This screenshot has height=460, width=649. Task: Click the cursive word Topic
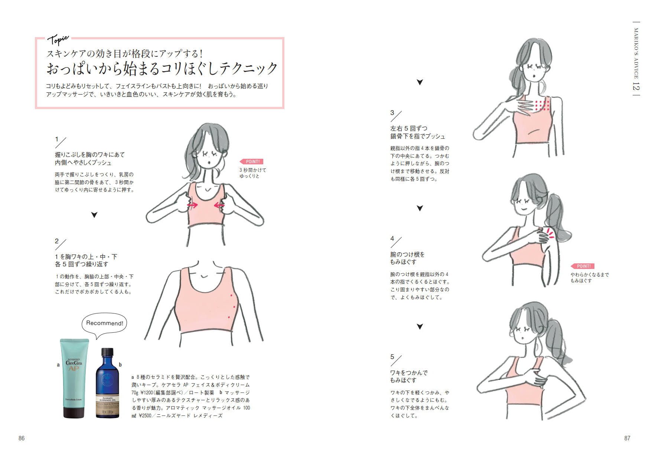point(58,40)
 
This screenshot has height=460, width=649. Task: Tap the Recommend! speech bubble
point(104,324)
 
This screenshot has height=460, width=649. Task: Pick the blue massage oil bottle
point(107,383)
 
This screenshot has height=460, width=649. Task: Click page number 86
point(22,438)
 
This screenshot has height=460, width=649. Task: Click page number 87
point(627,438)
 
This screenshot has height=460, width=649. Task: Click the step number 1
point(57,139)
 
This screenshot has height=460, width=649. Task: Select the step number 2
point(57,241)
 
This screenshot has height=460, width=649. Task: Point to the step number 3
point(392,112)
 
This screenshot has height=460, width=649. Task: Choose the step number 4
point(392,238)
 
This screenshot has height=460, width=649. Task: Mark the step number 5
point(392,356)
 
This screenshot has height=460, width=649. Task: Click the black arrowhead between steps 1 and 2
point(94,215)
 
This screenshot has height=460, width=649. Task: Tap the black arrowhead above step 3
point(420,82)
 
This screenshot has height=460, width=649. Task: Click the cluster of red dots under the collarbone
point(542,105)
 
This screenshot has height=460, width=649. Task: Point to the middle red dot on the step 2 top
point(234,306)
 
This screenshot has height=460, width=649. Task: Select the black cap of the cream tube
point(74,412)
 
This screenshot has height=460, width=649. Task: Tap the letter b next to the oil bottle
point(120,365)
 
